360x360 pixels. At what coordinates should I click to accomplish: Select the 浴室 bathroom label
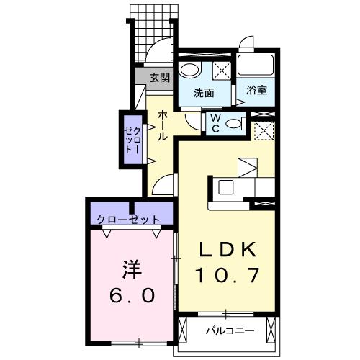pos(257,91)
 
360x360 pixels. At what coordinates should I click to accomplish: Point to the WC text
pos(215,122)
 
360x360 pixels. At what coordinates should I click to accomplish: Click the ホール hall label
pos(163,125)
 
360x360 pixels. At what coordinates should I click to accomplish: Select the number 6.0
pos(132,296)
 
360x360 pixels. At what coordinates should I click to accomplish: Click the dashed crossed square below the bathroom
pos(262,131)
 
